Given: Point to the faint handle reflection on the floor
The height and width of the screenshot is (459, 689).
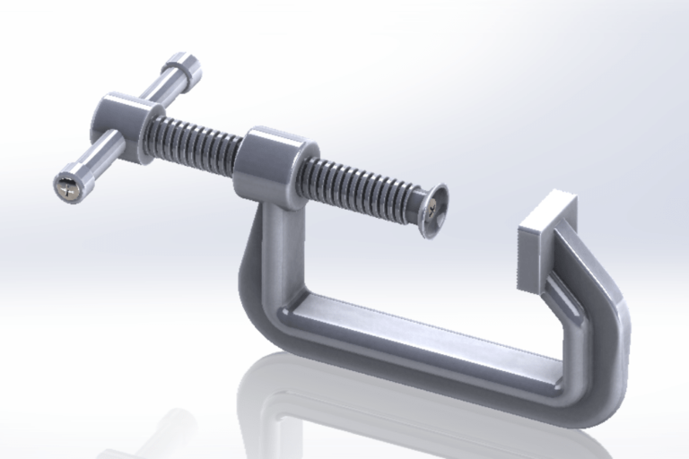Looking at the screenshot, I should [161, 430].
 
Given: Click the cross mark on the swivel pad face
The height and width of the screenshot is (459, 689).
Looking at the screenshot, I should [435, 209].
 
